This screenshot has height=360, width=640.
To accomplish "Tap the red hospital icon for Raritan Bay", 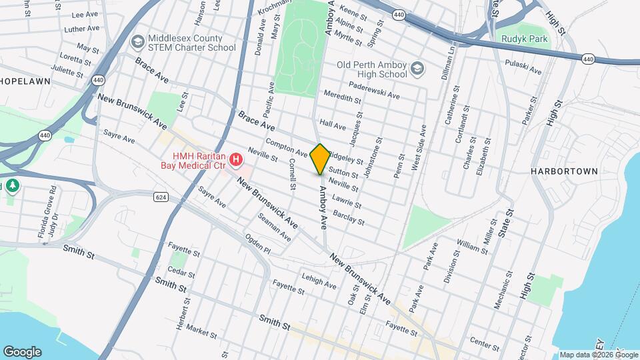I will coord(235,159).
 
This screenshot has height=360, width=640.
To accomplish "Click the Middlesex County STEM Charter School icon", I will coord(139,42).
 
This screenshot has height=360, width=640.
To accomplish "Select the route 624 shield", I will coord(161,197).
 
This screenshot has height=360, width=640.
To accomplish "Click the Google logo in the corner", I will coord(22,351).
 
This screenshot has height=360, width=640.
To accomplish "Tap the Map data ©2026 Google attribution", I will coord(599,355).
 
